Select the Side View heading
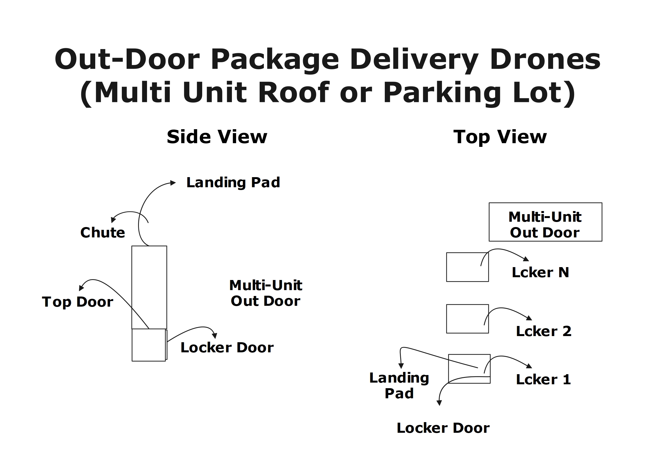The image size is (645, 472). tap(217, 137)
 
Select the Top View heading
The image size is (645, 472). tap(500, 137)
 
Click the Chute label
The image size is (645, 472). tap(103, 233)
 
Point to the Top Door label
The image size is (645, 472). tap(77, 302)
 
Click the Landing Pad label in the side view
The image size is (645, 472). tap(233, 182)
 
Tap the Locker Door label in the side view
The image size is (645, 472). tap(227, 348)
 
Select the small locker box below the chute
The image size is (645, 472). tap(148, 345)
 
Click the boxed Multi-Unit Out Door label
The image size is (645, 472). tap(545, 225)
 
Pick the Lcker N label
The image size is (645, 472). tap(540, 272)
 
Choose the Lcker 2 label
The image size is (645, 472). tap(543, 331)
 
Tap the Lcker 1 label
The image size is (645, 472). tap(543, 380)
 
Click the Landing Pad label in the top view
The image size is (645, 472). tap(399, 385)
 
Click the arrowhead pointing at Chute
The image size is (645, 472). tap(113, 220)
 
